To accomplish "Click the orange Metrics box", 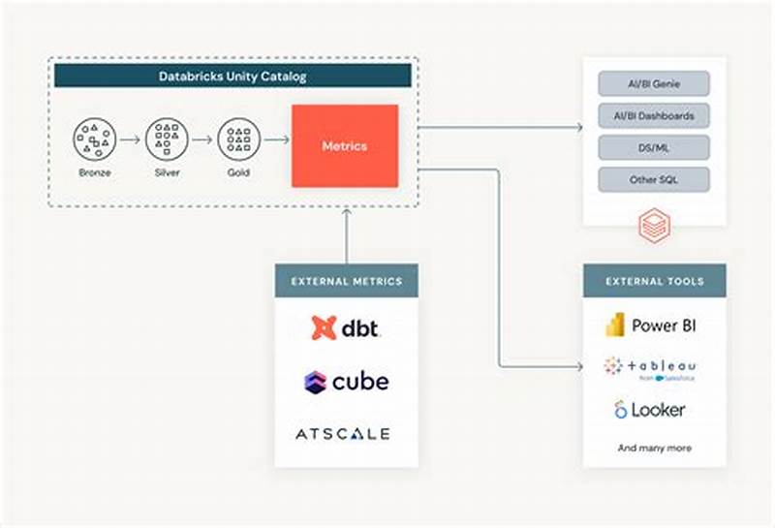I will pos(345,146).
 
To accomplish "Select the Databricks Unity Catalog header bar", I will pos(234,76).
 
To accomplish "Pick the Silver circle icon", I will pos(165,140).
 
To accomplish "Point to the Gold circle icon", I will pos(237,140).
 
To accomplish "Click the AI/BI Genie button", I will pos(654,83).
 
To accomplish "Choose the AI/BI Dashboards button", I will pos(654,115).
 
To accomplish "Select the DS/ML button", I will pos(654,147).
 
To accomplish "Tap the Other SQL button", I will pos(654,179).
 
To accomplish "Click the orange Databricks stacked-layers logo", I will pos(653,226).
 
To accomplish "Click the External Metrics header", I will pos(346,281).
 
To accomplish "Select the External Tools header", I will pos(654,281).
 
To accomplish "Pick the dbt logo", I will pos(346,327).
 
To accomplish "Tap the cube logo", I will pos(346,381).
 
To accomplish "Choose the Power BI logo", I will pos(651,326).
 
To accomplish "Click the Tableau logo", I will pos(651,367).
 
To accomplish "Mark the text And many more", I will pos(654,449).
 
